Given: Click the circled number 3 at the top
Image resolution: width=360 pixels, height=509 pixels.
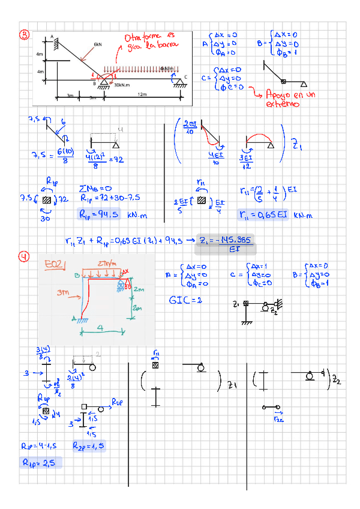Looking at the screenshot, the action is (24, 34).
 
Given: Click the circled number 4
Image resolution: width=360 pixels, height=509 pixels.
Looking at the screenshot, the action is (24, 258).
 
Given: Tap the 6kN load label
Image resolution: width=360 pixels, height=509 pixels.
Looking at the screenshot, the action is (98, 44).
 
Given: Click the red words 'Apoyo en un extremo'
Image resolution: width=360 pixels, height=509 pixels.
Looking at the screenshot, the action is (284, 99).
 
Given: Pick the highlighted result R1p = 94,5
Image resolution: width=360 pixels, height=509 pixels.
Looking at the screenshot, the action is (99, 214).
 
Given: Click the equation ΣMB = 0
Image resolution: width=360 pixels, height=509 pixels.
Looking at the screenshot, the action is (96, 185).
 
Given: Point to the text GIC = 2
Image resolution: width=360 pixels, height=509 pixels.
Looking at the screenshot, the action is (185, 299).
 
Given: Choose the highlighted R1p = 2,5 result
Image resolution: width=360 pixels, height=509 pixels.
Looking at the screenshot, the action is (40, 463).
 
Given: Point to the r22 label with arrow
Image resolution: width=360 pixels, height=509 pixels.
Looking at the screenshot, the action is (278, 418).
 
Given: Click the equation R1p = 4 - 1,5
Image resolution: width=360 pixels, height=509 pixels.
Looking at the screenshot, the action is (38, 446).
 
